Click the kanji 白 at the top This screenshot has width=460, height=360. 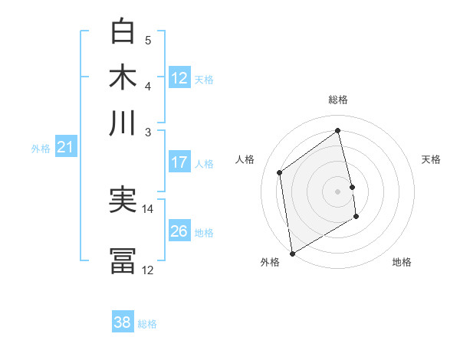[x=123, y=32]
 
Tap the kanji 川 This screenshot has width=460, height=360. [x=123, y=123]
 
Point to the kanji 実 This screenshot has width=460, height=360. [x=123, y=201]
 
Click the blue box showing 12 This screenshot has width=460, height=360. [x=179, y=77]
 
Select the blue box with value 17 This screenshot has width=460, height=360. [x=179, y=162]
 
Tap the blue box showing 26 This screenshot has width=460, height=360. [x=179, y=231]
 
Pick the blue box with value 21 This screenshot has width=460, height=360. [x=64, y=147]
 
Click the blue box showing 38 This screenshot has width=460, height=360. [x=122, y=322]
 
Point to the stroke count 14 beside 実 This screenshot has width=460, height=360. [x=148, y=208]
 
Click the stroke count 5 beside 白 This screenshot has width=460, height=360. [x=148, y=40]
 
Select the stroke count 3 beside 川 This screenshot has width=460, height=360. [x=148, y=132]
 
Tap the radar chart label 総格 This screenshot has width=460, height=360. [x=338, y=100]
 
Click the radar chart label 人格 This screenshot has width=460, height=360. [x=245, y=159]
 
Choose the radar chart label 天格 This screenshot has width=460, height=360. [x=431, y=159]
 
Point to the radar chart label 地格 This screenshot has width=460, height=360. [x=402, y=262]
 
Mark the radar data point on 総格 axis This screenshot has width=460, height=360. [x=338, y=130]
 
